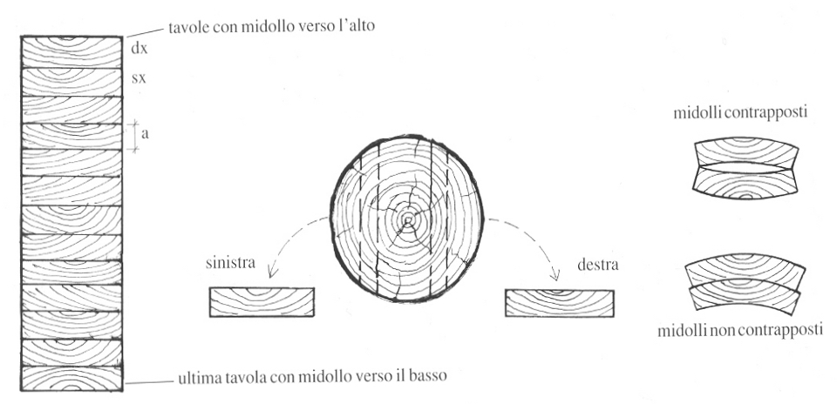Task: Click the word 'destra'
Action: tap(597, 264)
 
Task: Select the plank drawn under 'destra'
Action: tap(561, 301)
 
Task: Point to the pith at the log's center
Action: tap(405, 223)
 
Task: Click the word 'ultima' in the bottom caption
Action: tap(200, 380)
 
